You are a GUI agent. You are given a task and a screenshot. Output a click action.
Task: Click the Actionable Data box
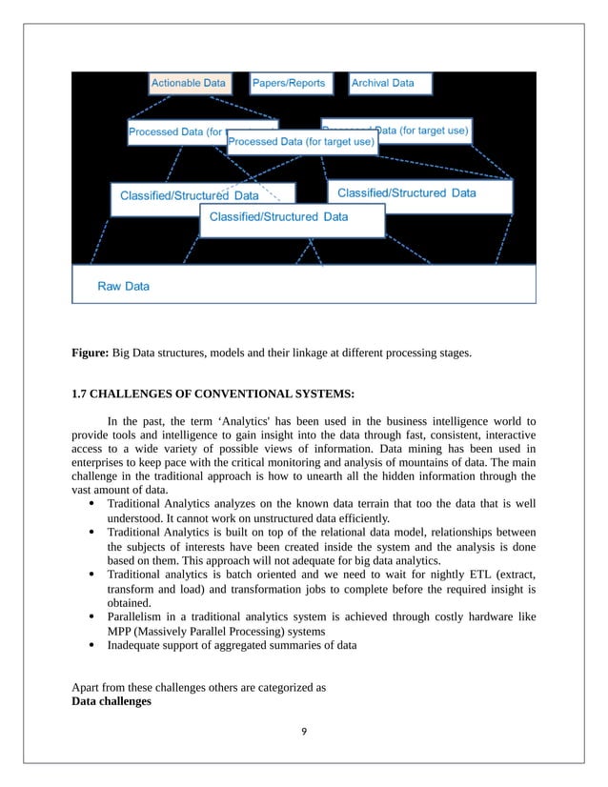(x=189, y=84)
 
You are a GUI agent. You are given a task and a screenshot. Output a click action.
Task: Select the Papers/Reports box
(x=289, y=84)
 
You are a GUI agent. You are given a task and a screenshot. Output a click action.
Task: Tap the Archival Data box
(x=389, y=84)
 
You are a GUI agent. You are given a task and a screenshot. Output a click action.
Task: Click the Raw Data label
(x=124, y=286)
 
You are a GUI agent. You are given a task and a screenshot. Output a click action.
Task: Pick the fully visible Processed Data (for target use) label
(x=301, y=142)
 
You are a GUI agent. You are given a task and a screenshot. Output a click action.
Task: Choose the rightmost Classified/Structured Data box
(x=419, y=194)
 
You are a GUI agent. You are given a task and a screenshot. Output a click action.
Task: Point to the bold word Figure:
(x=91, y=353)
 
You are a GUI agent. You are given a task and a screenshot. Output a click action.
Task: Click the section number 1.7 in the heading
(x=81, y=394)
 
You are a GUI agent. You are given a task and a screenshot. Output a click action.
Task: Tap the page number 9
(x=304, y=731)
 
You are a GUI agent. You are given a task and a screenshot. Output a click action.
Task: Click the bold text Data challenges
(x=111, y=701)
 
